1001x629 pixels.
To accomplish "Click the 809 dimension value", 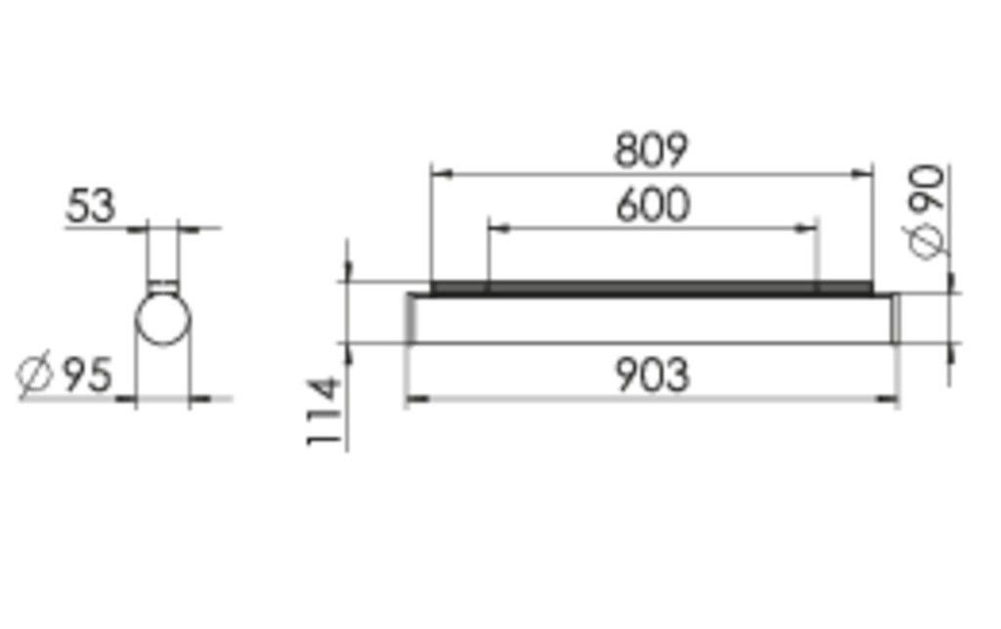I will [651, 150].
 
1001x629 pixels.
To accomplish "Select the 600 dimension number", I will [652, 205].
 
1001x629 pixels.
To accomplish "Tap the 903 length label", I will [652, 376].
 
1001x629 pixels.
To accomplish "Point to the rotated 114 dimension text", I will [326, 412].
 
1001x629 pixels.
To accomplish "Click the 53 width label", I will [91, 206].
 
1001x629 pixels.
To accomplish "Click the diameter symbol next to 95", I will [36, 376].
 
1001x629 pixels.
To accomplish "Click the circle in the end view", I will [163, 316].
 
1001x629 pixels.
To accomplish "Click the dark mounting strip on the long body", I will [651, 288].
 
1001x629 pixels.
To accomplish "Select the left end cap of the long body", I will [412, 318].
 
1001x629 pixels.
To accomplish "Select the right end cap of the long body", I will [892, 318].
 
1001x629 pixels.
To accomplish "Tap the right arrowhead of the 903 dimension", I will [889, 398].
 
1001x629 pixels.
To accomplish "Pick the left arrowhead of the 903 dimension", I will [415, 398].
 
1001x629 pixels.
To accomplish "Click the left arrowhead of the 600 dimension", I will [497, 229].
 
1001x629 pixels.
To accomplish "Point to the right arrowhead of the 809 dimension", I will [863, 174].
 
